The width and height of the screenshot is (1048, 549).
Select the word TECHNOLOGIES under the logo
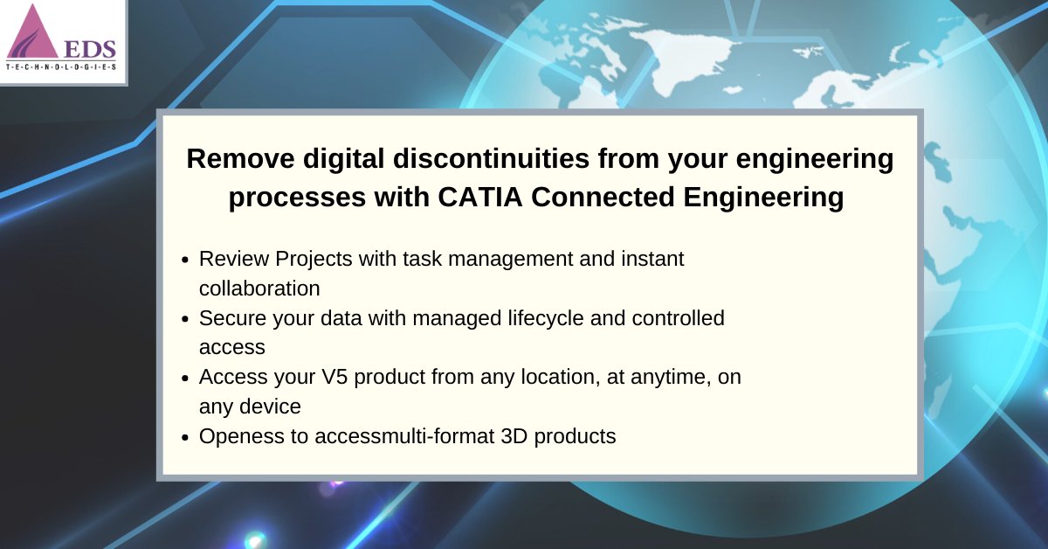pyautogui.click(x=63, y=67)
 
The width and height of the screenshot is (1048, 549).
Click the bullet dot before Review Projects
pyautogui.click(x=185, y=261)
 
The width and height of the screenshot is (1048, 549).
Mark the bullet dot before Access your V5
pyautogui.click(x=185, y=379)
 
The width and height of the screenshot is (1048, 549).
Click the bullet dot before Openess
pyautogui.click(x=185, y=437)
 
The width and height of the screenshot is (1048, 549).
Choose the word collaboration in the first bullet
pyautogui.click(x=259, y=288)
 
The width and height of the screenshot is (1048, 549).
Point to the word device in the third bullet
pyautogui.click(x=270, y=407)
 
